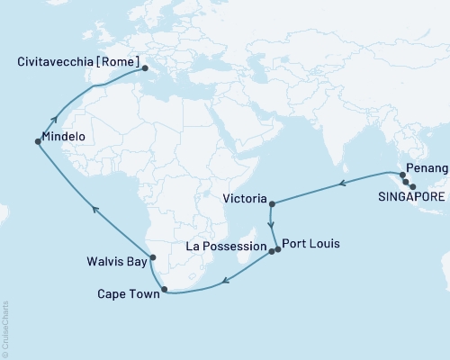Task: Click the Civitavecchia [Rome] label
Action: (79, 62)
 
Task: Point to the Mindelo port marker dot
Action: (37, 141)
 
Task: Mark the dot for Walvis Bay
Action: (152, 258)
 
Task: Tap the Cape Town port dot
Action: (164, 290)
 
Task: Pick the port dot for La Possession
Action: (270, 252)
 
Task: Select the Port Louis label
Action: (311, 242)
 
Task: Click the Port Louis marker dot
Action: (278, 248)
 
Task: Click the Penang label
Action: (426, 168)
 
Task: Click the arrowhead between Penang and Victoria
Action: (342, 184)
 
